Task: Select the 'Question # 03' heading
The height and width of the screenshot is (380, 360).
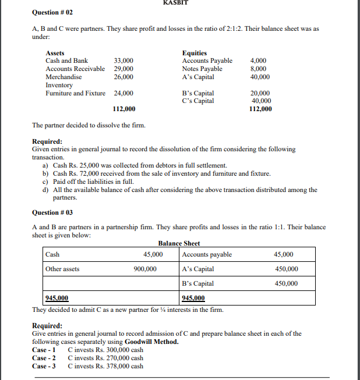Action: coord(52,212)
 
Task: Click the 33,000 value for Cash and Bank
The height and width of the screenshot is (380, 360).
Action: coord(123,61)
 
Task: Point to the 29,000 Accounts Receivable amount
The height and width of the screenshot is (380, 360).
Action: coord(123,69)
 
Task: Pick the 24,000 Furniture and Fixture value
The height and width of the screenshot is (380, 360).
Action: coord(123,93)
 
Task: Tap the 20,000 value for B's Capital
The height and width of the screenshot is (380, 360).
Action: coord(260,93)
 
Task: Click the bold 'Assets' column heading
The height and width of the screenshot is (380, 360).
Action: coord(55,53)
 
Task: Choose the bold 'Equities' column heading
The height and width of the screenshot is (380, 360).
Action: coord(195,53)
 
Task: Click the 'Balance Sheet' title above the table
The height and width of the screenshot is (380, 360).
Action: coord(179,243)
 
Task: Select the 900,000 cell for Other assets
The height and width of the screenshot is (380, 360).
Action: coord(145,269)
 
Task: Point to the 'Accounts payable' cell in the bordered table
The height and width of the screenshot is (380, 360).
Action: coord(207,254)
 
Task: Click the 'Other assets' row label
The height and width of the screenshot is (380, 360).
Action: coord(62,269)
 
